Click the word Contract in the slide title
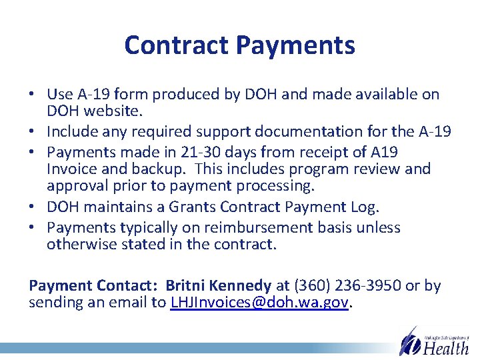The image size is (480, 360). coord(177,45)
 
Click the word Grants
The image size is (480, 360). coord(195,206)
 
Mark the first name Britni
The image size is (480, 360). coord(188,286)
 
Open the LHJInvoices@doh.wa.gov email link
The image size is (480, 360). coord(259,303)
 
